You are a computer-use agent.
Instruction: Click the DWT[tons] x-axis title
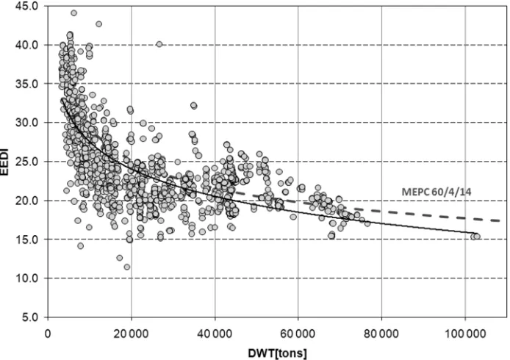(278, 353)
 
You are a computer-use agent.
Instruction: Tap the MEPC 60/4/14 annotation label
(437, 192)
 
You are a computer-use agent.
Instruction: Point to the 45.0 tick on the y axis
(28, 6)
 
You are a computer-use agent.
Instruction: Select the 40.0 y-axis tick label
(28, 45)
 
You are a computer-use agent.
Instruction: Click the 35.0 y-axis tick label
(28, 84)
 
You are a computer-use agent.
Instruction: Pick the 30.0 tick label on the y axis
(28, 123)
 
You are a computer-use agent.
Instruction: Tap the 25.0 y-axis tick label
(28, 162)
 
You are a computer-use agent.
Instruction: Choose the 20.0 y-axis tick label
(28, 201)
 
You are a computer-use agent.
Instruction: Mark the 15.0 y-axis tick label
(28, 240)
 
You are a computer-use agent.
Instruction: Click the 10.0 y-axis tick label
(28, 278)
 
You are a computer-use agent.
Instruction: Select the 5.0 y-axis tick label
(31, 317)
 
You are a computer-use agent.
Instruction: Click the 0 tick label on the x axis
(48, 334)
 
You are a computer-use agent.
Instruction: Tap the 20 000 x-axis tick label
(132, 334)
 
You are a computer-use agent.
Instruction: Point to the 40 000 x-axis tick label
(215, 334)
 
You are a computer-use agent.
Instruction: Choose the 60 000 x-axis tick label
(298, 334)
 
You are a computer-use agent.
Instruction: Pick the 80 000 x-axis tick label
(381, 334)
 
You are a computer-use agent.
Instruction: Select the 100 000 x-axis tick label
(465, 334)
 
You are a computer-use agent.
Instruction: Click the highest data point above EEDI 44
(73, 13)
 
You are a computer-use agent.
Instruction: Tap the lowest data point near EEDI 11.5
(127, 267)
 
